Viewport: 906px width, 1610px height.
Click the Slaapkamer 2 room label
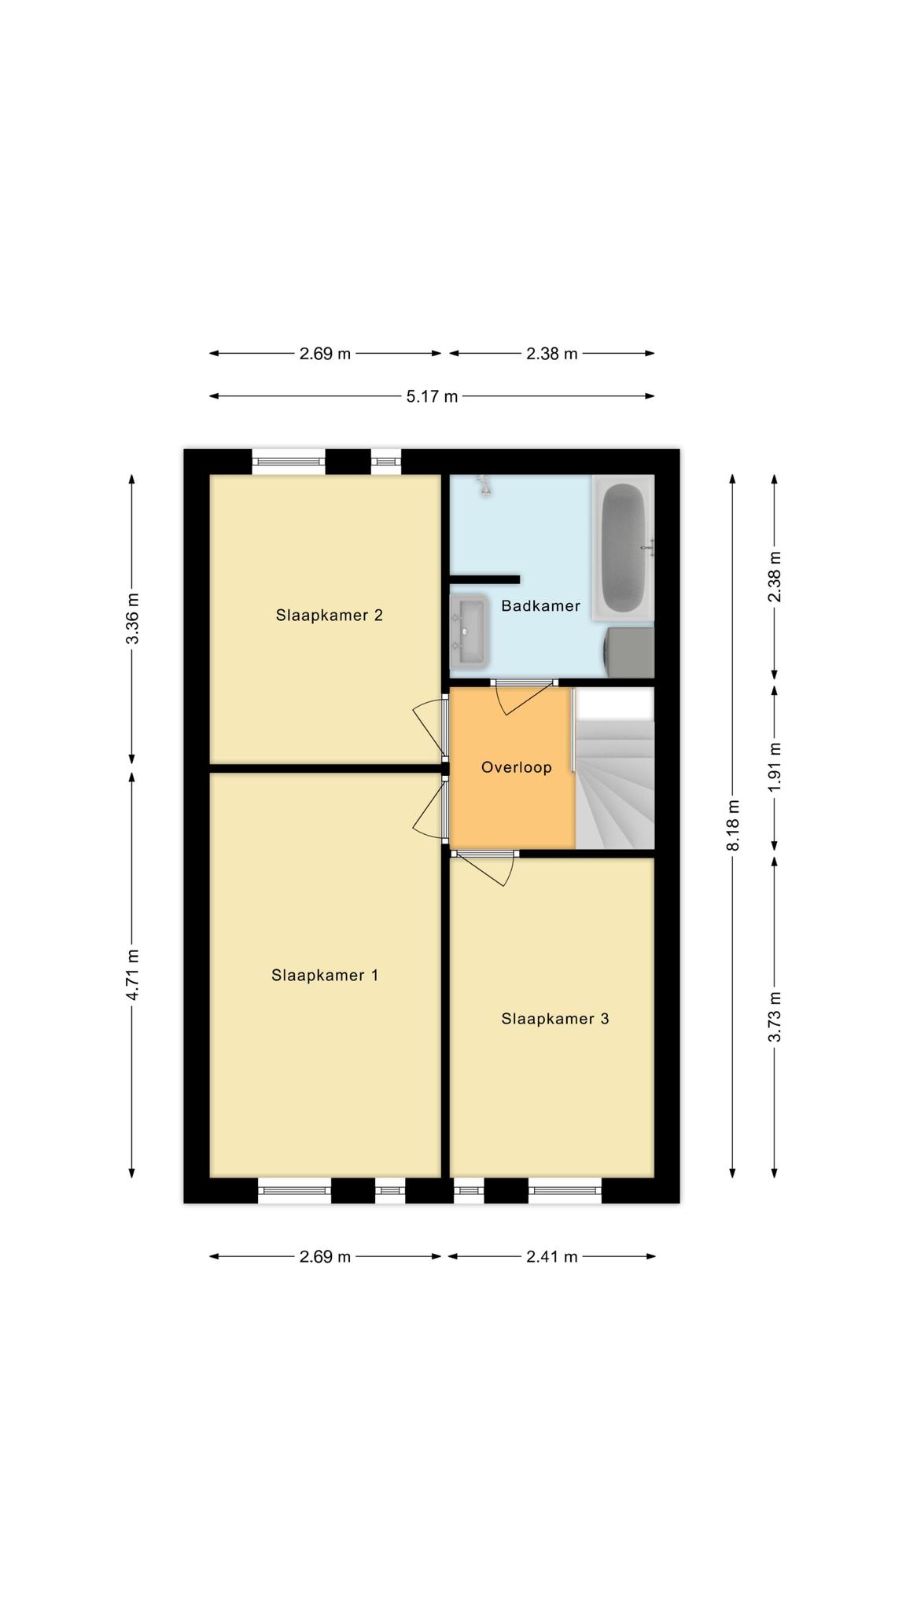329,615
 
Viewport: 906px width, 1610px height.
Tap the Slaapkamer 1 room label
325,975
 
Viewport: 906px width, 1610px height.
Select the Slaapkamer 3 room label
555,1019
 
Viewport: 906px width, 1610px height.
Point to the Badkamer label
540,606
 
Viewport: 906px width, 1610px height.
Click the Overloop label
517,767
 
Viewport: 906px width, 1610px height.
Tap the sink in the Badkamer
470,630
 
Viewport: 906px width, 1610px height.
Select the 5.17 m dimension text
432,396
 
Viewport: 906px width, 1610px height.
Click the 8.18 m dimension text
732,825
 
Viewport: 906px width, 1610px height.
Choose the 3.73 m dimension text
775,1016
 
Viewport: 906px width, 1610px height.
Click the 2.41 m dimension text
552,1256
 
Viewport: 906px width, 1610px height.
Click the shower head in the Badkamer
485,485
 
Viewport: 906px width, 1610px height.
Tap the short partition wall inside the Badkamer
484,579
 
